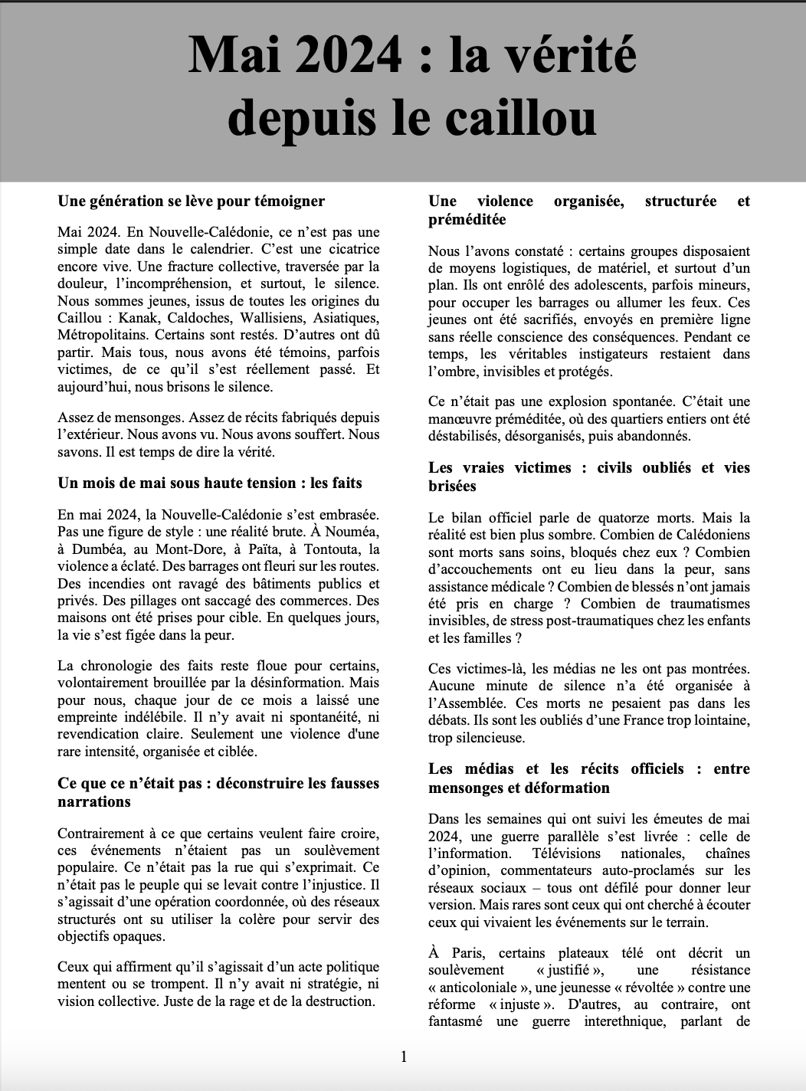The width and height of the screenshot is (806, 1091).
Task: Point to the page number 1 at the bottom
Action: point(404,1057)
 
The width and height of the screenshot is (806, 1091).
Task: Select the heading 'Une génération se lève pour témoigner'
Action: point(192,201)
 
